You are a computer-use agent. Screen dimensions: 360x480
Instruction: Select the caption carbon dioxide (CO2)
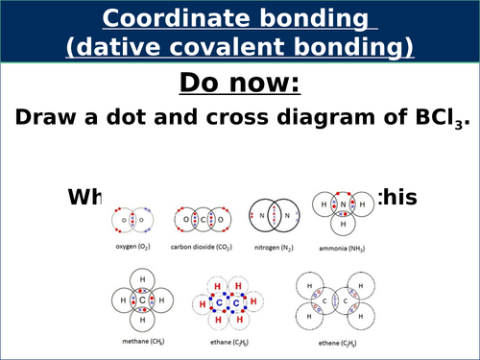(x=198, y=248)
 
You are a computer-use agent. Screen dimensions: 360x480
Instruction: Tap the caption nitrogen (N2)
(x=274, y=248)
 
